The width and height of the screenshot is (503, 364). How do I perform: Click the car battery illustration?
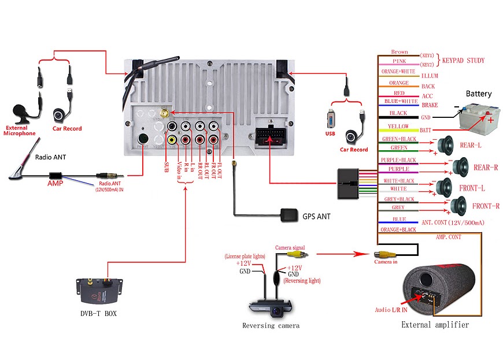478,118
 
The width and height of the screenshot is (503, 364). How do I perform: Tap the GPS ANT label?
317,217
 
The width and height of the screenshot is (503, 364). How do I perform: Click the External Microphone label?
20,131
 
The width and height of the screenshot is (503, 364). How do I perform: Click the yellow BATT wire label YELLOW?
398,127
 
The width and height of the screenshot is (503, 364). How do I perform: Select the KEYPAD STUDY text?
463,60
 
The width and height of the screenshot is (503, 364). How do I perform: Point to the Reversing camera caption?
271,326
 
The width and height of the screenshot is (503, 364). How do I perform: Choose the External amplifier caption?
435,325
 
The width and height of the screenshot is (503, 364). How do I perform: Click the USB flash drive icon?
331,119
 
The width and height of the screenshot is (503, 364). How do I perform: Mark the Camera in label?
386,263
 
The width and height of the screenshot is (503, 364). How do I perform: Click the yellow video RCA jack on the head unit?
172,139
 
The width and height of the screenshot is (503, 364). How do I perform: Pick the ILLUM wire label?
430,76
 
